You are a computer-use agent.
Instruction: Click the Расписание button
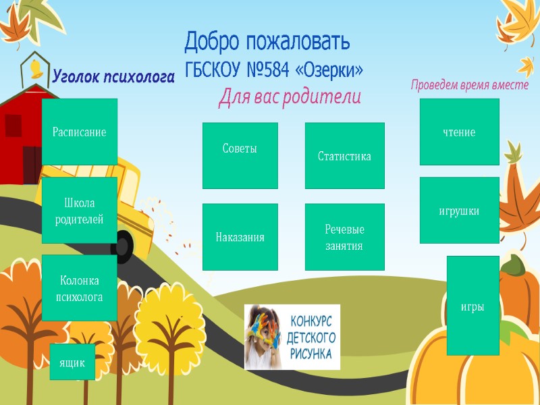[x=80, y=132]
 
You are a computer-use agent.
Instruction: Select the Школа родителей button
[x=80, y=210]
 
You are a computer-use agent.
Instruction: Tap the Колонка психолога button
[x=80, y=288]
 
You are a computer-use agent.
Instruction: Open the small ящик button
[x=72, y=362]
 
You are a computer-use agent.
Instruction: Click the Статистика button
[x=344, y=156]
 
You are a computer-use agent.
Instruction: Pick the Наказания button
[x=240, y=237]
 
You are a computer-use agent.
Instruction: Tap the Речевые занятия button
[x=344, y=237]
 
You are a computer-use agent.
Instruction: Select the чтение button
[x=459, y=132]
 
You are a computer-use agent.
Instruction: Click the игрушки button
[x=459, y=210]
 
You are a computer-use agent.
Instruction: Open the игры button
[x=473, y=305]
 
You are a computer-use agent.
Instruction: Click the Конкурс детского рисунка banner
[x=292, y=337]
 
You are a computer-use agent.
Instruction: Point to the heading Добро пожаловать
[x=267, y=43]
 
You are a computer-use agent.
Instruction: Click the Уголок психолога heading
[x=113, y=77]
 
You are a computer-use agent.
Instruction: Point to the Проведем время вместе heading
[x=469, y=86]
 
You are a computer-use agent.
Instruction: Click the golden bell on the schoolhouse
[x=33, y=67]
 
